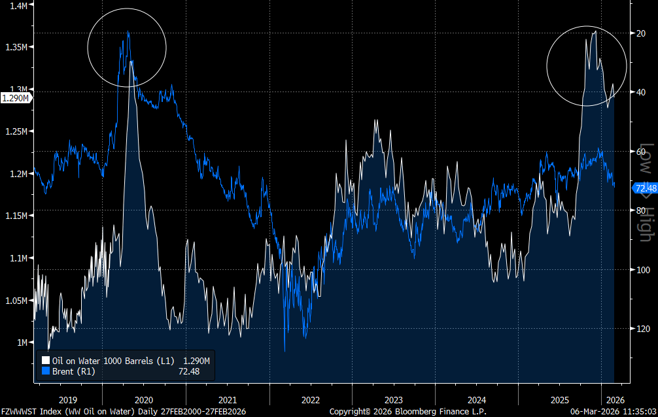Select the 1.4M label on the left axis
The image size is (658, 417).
tap(17, 5)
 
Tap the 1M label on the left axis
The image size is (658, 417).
tap(21, 342)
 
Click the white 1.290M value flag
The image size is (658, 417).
tap(15, 98)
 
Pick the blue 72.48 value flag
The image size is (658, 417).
tap(646, 188)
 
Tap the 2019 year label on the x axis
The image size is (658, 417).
tap(68, 399)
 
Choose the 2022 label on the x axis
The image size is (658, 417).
tap(310, 399)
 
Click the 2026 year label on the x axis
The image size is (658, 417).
tap(615, 399)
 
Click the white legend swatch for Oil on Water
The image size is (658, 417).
tap(46, 360)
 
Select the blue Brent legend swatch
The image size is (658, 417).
tap(46, 371)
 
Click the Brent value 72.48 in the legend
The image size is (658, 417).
tap(188, 371)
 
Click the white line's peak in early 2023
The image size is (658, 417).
tap(375, 120)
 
